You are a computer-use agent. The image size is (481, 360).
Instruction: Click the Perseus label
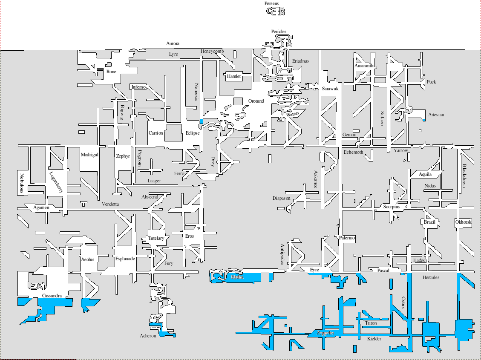coord(271,3)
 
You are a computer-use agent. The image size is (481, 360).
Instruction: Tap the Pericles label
coord(279,32)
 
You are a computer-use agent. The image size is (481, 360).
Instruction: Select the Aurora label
coord(173,43)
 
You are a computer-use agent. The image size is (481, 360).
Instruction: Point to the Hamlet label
coord(234,77)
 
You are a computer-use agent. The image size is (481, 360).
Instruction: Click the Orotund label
coord(256,101)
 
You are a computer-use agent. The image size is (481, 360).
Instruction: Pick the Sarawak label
coord(330,89)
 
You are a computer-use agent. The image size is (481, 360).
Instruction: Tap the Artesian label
coord(436,115)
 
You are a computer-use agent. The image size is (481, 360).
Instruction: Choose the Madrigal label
coord(89,155)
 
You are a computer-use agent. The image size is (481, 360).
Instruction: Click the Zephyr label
coord(123,156)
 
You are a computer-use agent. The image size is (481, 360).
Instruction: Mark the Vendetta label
coord(110,204)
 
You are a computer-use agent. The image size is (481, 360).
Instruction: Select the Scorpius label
coord(392,207)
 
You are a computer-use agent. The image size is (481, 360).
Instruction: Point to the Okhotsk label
coord(464,222)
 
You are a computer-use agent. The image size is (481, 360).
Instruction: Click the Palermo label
coord(347,238)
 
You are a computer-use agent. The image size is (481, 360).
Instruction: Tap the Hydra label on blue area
coord(237,277)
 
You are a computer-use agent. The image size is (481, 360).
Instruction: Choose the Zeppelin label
coord(325,333)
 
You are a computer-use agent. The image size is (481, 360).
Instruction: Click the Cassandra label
coord(52,296)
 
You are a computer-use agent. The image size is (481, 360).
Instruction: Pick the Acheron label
coord(148,336)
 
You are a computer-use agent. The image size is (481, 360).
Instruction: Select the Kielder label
coord(374,339)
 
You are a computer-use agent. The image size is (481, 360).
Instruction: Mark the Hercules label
coord(431,277)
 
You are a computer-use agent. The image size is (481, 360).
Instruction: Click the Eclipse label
coord(193,133)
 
